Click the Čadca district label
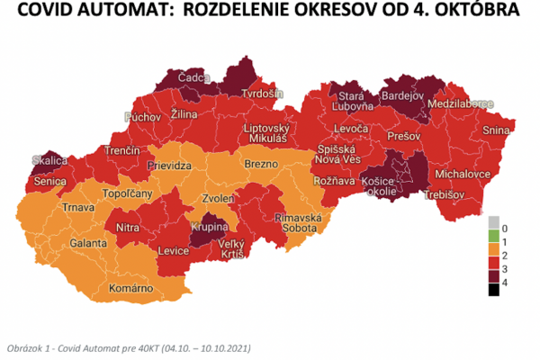[x=193, y=78]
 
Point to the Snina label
[x=496, y=130]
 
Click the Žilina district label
[x=184, y=116]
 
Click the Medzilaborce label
[x=462, y=103]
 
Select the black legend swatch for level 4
[x=493, y=289]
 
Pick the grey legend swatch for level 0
[x=493, y=221]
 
